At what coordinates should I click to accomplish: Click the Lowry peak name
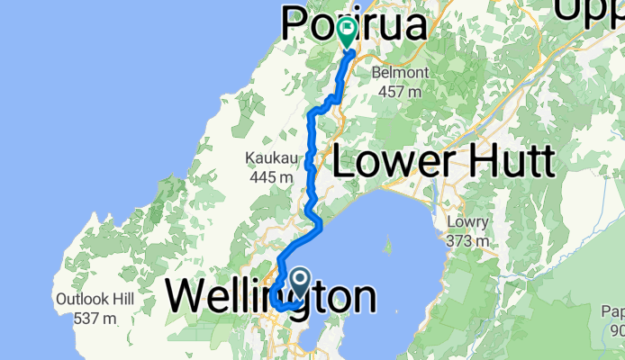point(469,223)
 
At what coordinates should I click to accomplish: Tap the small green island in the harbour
point(389,243)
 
